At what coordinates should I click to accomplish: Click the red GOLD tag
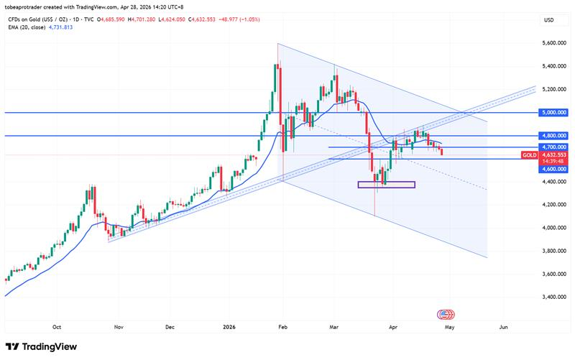tap(529, 154)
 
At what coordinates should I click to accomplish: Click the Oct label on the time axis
tap(57, 326)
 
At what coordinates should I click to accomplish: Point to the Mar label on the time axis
tap(335, 326)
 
